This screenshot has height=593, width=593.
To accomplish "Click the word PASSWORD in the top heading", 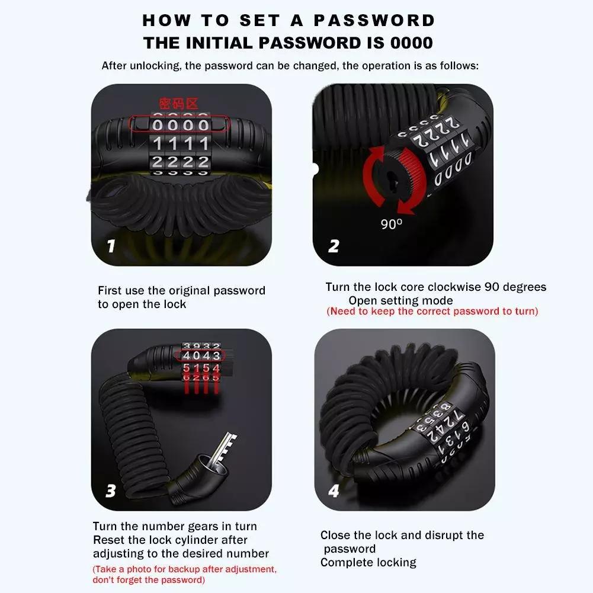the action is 374,20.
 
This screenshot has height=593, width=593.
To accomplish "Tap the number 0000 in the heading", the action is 412,43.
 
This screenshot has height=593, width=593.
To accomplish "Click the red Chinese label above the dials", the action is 178,104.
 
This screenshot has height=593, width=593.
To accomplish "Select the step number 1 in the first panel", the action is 111,246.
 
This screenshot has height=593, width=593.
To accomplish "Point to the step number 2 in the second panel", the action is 333,246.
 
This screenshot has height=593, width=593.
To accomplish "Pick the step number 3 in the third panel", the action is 110,491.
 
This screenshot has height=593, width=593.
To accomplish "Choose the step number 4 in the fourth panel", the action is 334,491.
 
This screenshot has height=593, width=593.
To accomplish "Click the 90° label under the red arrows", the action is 391,224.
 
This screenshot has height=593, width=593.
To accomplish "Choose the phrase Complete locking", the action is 368,563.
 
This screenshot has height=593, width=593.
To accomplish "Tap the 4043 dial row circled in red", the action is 201,355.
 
